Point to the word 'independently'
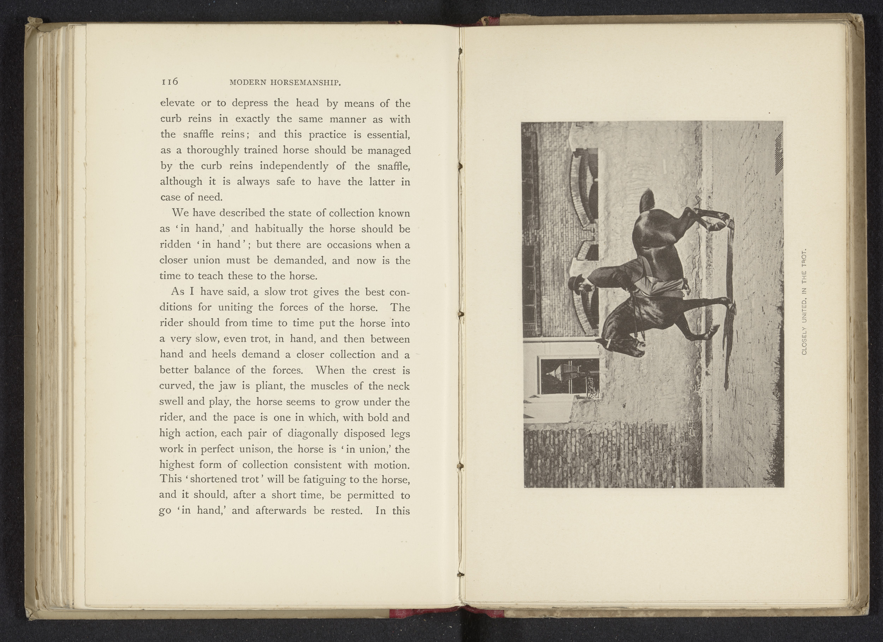(x=294, y=166)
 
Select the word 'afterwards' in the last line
(x=282, y=510)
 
